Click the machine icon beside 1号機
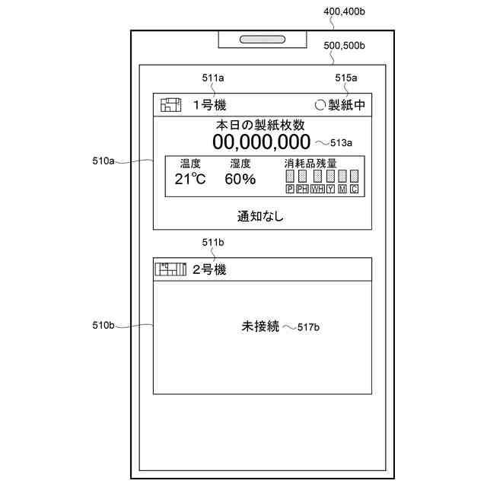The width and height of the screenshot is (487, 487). pyautogui.click(x=171, y=105)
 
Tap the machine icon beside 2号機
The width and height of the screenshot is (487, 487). pyautogui.click(x=170, y=269)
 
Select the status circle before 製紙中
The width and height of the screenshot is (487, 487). pyautogui.click(x=320, y=105)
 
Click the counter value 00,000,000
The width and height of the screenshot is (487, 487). pyautogui.click(x=261, y=142)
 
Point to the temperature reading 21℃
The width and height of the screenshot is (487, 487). pyautogui.click(x=190, y=179)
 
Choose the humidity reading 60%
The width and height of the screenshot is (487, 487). pyautogui.click(x=240, y=179)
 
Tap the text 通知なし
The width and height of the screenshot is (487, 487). pyautogui.click(x=260, y=216)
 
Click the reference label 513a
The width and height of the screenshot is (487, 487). pyautogui.click(x=341, y=142)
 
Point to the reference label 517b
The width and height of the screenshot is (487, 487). pyautogui.click(x=307, y=326)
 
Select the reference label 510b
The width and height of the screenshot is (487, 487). pyautogui.click(x=103, y=325)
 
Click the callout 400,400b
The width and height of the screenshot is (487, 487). pyautogui.click(x=345, y=11)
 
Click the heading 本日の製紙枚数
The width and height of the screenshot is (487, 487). pyautogui.click(x=260, y=124)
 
